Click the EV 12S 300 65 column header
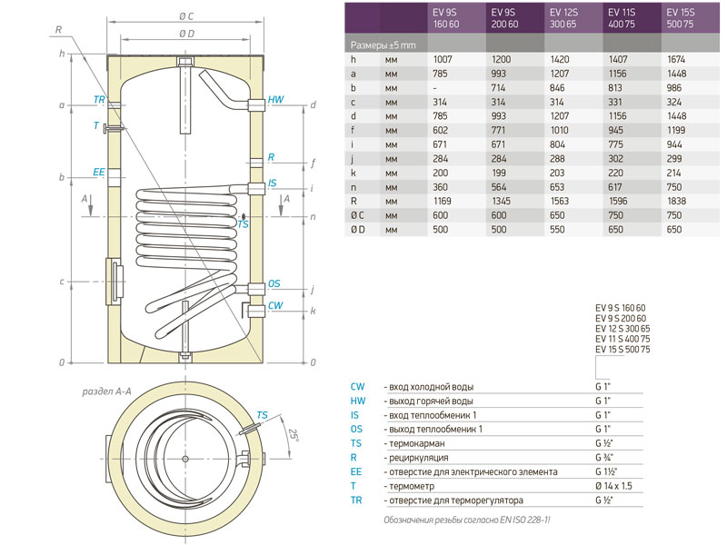coord(563,18)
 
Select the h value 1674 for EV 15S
coord(676,59)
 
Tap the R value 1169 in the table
coord(442,201)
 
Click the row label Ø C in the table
coord(357,215)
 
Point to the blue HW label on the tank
coord(275,99)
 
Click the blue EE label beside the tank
coord(99,172)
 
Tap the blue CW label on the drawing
coord(275,305)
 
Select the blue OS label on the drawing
coord(274,283)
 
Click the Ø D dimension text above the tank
coord(186,34)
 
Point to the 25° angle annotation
coord(293,435)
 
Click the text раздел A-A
coord(106,391)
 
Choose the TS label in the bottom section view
coord(262,415)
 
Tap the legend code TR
coord(356,500)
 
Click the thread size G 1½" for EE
coord(606,471)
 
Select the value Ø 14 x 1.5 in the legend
coord(613,486)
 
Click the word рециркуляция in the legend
coord(419,458)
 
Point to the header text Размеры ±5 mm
coord(383,45)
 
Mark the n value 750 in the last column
coord(674,187)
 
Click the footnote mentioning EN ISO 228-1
coord(467,520)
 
